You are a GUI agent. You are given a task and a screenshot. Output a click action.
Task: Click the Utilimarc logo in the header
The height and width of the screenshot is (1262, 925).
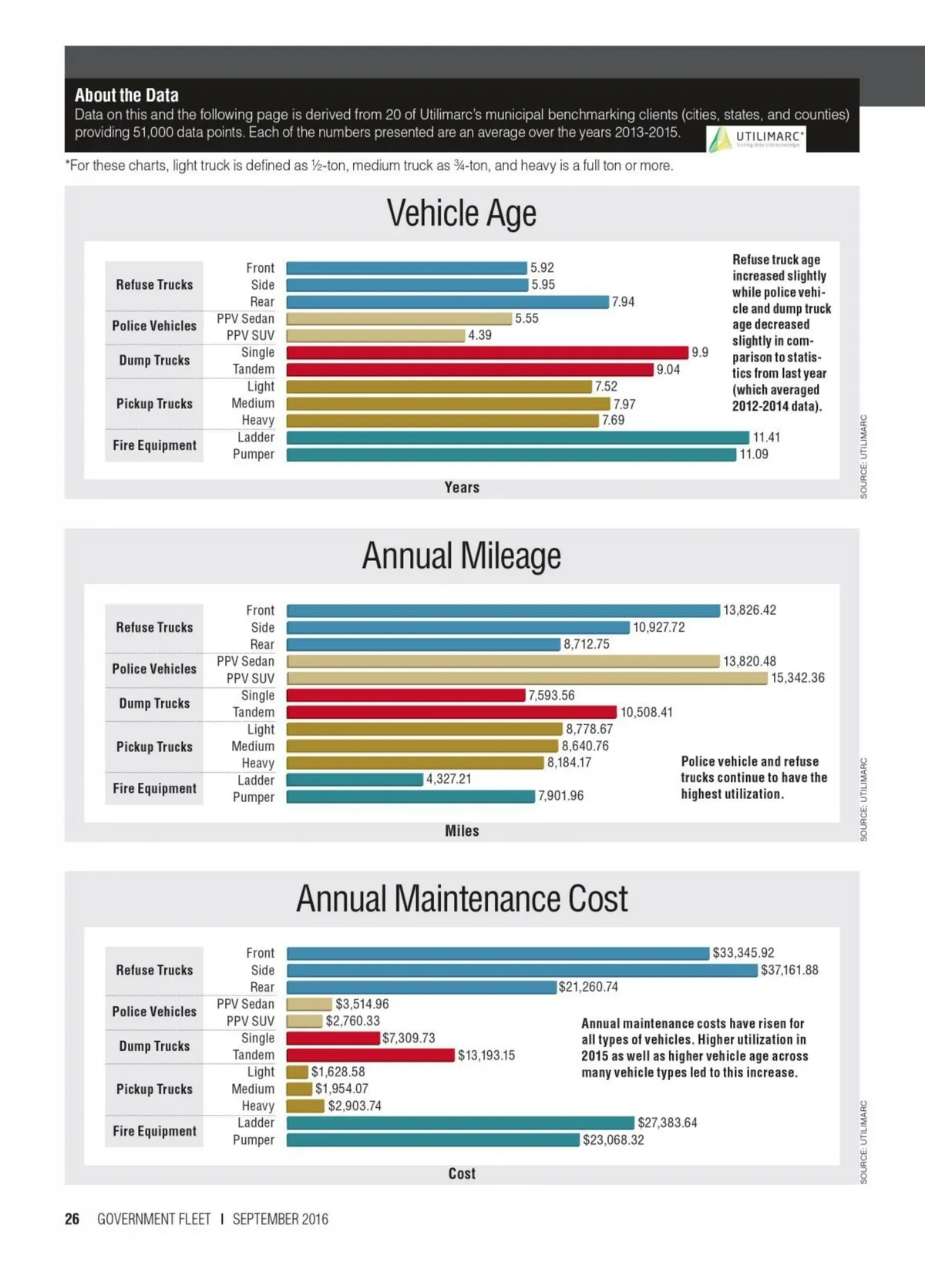tap(755, 139)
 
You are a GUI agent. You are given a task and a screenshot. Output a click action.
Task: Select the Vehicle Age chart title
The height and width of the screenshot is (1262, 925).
tap(461, 213)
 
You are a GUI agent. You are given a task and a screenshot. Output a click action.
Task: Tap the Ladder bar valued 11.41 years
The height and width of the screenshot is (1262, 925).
tap(517, 438)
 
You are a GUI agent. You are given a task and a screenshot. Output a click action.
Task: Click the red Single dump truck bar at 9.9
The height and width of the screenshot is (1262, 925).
tap(486, 353)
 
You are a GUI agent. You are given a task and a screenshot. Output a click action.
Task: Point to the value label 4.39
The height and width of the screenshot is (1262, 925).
tap(479, 335)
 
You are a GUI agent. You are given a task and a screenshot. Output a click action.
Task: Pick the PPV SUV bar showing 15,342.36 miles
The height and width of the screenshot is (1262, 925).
tap(527, 678)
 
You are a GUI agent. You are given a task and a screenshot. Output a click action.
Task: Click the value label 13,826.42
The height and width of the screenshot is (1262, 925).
tap(749, 610)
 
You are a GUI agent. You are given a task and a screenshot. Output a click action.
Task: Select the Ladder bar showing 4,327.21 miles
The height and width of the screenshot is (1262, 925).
tap(355, 780)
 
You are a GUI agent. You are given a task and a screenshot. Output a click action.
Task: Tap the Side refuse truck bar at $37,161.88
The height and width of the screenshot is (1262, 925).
tap(522, 970)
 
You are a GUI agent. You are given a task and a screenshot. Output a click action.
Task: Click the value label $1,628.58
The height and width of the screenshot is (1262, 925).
tap(338, 1072)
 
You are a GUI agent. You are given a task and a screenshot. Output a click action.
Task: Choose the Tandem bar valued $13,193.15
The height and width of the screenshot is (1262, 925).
tap(370, 1055)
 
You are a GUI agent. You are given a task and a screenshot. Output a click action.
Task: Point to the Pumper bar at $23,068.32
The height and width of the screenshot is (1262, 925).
tap(432, 1139)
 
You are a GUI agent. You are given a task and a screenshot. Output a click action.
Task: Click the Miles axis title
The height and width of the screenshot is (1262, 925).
tap(462, 831)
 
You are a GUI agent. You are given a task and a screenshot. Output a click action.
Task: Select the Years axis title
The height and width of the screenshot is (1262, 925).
tap(462, 488)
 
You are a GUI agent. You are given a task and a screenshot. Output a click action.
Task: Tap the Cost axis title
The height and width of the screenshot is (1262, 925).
tap(462, 1173)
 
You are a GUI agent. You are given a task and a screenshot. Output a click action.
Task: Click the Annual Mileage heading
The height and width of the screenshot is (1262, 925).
tap(461, 556)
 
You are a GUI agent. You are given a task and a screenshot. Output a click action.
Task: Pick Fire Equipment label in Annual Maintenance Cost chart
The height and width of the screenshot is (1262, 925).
tap(154, 1131)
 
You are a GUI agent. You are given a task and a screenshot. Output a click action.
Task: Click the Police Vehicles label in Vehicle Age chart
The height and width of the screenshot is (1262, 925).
tap(154, 326)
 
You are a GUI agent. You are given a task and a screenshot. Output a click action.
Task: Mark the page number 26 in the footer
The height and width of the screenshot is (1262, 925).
tap(72, 1219)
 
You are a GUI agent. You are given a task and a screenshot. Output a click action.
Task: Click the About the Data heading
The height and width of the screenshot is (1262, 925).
tap(126, 96)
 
